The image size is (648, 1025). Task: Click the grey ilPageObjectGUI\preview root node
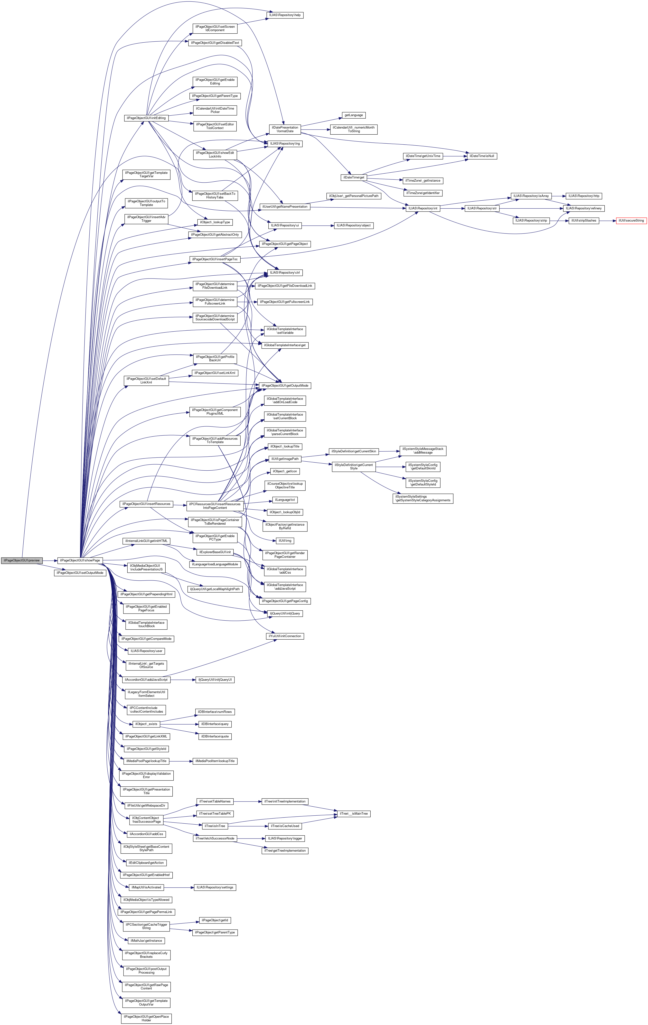pos(21,560)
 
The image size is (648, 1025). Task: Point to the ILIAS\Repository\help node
pos(285,15)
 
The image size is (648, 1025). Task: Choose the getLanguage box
pos(353,115)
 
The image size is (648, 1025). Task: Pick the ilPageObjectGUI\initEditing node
pos(146,118)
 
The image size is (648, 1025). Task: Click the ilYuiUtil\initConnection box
pos(285,636)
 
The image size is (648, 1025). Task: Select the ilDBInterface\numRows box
pos(215,712)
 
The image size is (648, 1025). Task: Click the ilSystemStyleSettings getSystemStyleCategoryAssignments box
pos(423,498)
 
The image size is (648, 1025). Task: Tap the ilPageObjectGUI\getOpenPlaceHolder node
pos(146,1018)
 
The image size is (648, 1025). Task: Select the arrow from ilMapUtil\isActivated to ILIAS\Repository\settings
pos(178,887)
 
